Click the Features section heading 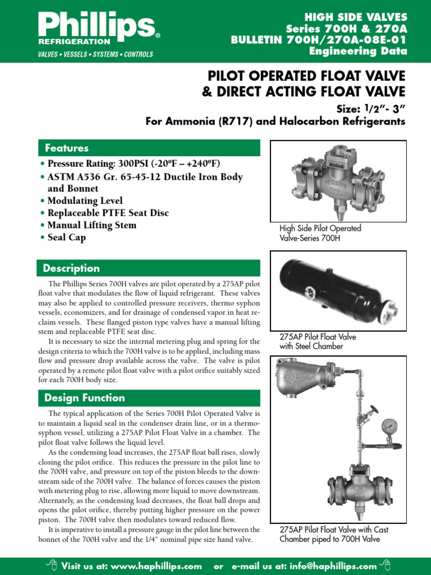tap(67, 148)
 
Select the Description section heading tap(72, 268)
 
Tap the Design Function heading tap(85, 398)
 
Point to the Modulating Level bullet tap(85, 201)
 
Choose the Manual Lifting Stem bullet tap(91, 225)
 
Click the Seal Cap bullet tap(66, 238)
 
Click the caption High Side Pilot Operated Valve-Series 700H tap(320, 233)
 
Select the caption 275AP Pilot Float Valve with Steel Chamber tap(318, 341)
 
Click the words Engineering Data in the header tap(358, 52)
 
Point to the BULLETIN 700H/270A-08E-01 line tap(319, 40)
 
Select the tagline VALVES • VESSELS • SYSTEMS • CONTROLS tap(95, 54)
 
